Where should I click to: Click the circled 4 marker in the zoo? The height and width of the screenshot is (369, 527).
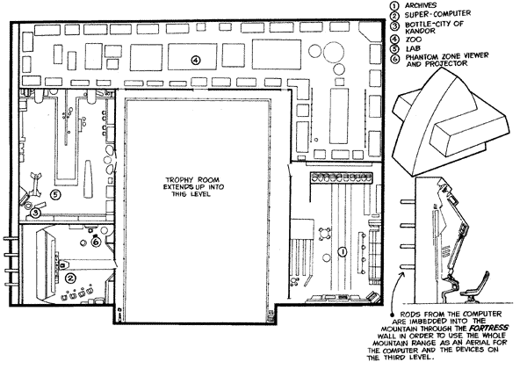[x=196, y=60]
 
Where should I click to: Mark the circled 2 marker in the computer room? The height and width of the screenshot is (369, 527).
[x=69, y=278]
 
